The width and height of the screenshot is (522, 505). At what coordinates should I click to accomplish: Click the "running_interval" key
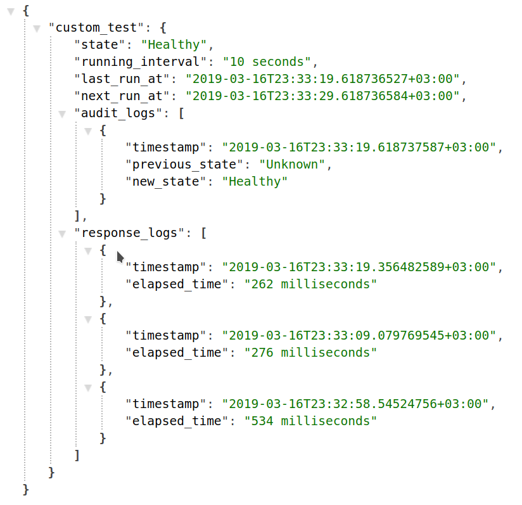(142, 62)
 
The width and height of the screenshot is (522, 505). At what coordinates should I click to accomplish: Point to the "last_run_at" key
(125, 79)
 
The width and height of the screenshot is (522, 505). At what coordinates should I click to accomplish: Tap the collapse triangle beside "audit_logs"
(62, 114)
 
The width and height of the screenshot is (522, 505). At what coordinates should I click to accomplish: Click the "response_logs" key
(129, 233)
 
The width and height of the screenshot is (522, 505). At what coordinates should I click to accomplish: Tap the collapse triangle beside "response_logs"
(62, 234)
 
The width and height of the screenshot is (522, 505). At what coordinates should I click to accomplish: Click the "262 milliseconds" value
(310, 284)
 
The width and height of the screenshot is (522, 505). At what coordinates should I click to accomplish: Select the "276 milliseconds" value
(310, 353)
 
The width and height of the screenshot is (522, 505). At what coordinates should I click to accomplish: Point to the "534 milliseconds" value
(310, 421)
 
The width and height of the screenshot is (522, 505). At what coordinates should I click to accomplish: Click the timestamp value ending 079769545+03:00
(360, 336)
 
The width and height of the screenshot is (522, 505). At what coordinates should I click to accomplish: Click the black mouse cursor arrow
(120, 256)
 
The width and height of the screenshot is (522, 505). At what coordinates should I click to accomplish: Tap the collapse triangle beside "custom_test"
(36, 29)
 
